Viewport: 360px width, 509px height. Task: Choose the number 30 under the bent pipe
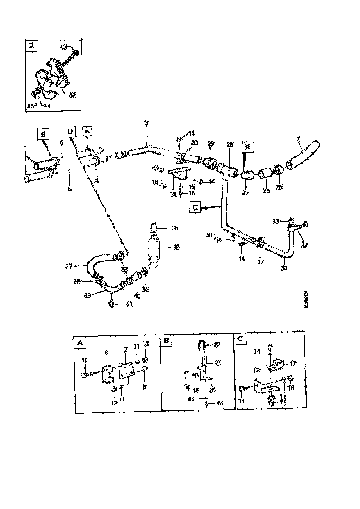coord(285,267)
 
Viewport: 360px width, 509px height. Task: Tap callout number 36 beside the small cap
coord(174,228)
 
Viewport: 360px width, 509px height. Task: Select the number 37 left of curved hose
coord(69,266)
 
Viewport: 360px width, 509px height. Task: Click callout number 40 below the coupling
coord(137,295)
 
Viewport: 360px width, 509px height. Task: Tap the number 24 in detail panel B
coord(220,403)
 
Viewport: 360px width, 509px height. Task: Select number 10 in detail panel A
coord(85,360)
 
